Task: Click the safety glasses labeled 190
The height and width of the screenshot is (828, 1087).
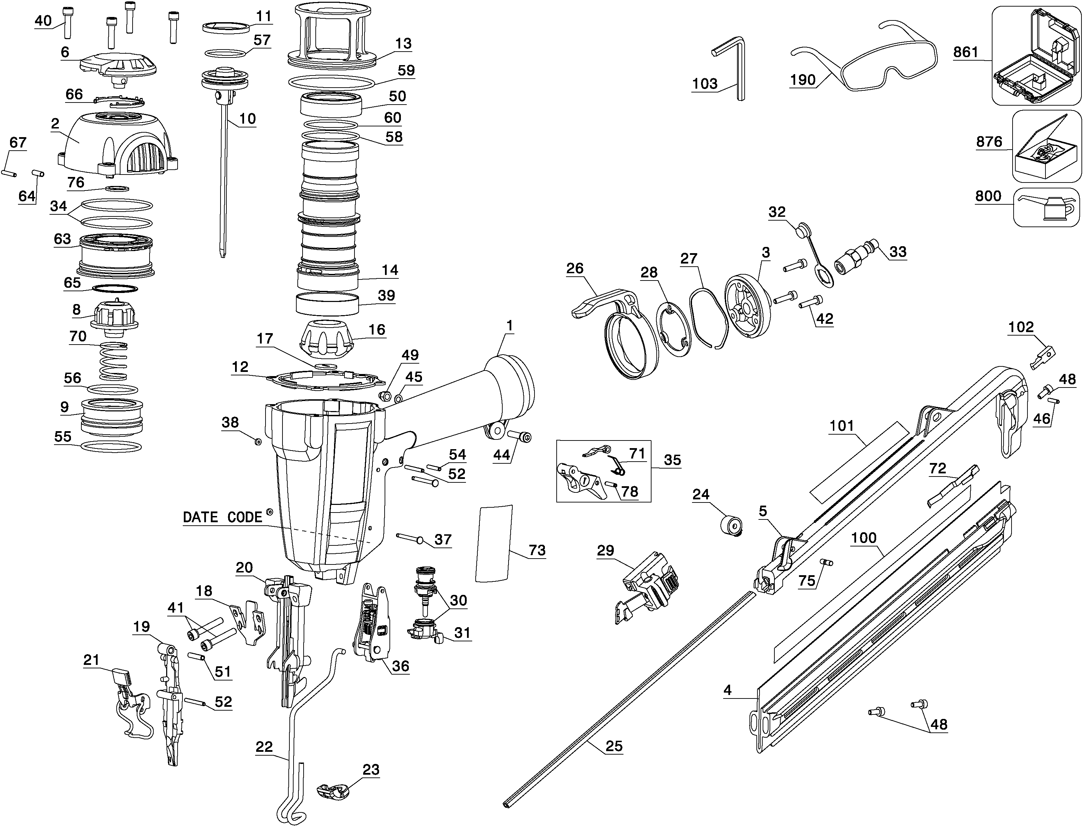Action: click(x=867, y=64)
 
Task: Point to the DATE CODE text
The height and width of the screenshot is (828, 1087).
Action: click(x=223, y=517)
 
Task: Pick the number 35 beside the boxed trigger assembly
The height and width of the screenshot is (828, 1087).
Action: click(x=672, y=460)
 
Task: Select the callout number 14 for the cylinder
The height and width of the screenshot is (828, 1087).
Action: click(x=390, y=270)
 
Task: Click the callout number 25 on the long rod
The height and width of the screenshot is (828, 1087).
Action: click(x=614, y=746)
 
